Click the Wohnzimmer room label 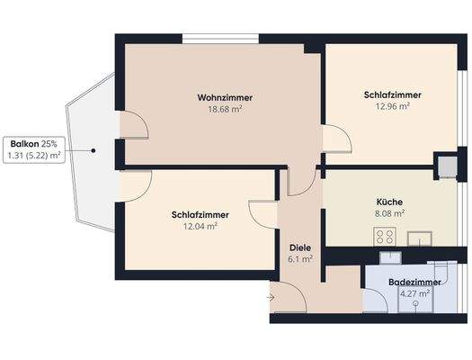pos(225,96)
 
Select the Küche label pos(389,202)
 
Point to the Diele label pos(299,247)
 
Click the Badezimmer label pos(414,281)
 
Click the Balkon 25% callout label pos(33,144)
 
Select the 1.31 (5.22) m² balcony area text pos(33,156)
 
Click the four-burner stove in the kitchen pos(387,238)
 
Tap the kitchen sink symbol pos(419,238)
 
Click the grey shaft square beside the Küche pos(446,166)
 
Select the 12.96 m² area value pos(393,106)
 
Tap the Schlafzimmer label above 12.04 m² pos(200,215)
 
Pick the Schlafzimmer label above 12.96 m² pos(393,94)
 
